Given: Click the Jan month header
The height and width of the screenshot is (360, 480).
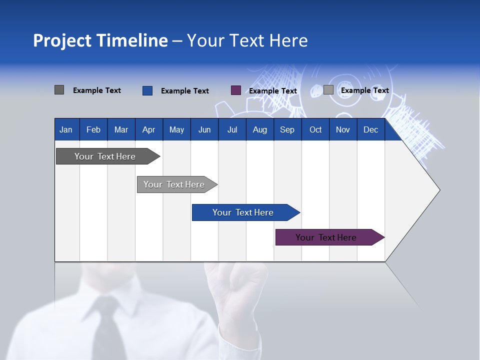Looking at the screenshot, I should click(66, 130).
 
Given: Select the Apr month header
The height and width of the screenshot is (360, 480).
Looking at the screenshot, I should click(148, 130).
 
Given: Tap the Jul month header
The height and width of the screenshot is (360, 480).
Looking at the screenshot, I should click(232, 130).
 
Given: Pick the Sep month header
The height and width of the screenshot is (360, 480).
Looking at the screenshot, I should click(287, 130).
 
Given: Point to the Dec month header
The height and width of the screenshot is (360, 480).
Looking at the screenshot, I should click(370, 130).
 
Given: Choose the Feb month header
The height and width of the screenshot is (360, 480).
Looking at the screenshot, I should click(93, 130).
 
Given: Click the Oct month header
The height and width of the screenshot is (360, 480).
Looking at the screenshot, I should click(315, 130).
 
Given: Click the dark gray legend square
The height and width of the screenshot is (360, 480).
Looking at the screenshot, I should click(59, 90).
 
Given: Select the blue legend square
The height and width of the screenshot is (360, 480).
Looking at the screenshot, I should click(147, 90).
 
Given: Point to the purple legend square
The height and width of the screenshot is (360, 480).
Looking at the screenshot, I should click(236, 90).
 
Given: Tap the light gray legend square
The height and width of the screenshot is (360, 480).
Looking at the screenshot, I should click(328, 90).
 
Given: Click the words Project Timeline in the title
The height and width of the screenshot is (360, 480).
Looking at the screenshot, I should click(100, 40).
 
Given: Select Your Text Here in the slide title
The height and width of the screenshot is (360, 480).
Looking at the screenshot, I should click(247, 40).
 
